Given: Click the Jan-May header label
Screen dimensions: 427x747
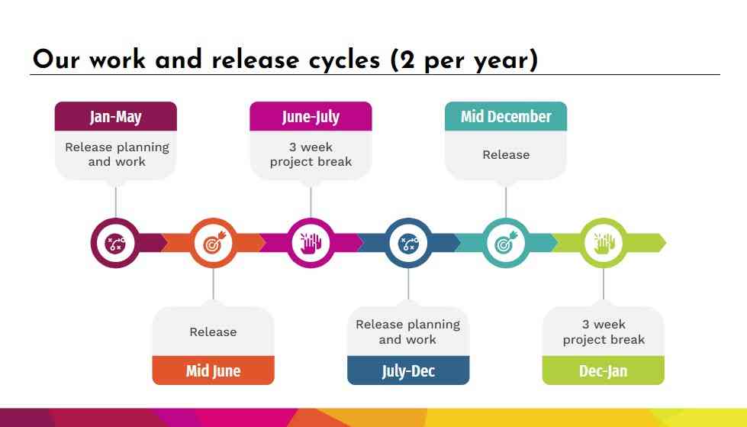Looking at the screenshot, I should (x=115, y=117).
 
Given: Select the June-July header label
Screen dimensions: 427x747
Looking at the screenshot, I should (x=311, y=117).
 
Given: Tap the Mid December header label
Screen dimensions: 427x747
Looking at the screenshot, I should (x=506, y=117).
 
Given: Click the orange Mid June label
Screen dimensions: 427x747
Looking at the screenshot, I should (x=213, y=371).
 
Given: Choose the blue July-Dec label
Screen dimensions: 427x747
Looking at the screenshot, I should (x=408, y=371).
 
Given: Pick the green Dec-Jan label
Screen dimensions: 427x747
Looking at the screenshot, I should (x=604, y=371).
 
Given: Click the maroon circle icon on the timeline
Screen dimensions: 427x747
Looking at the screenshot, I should (x=115, y=243).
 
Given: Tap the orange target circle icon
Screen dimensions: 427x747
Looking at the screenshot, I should (x=213, y=243).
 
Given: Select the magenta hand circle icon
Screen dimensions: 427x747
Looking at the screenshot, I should (x=311, y=243).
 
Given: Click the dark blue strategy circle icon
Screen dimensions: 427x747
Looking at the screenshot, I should (x=408, y=243).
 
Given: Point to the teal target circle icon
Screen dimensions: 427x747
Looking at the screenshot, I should (x=506, y=243).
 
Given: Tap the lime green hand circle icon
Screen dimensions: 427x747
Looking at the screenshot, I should (x=604, y=243).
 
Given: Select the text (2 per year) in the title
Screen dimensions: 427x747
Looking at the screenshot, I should (x=463, y=60).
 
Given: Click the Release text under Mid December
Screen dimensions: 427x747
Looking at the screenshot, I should (x=506, y=155).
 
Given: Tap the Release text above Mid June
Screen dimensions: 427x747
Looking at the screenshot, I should (x=213, y=332).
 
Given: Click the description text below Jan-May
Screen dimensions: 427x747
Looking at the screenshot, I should (x=117, y=154).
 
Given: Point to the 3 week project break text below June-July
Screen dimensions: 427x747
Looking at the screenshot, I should (x=311, y=154).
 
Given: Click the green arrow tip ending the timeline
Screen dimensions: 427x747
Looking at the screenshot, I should (x=658, y=243).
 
